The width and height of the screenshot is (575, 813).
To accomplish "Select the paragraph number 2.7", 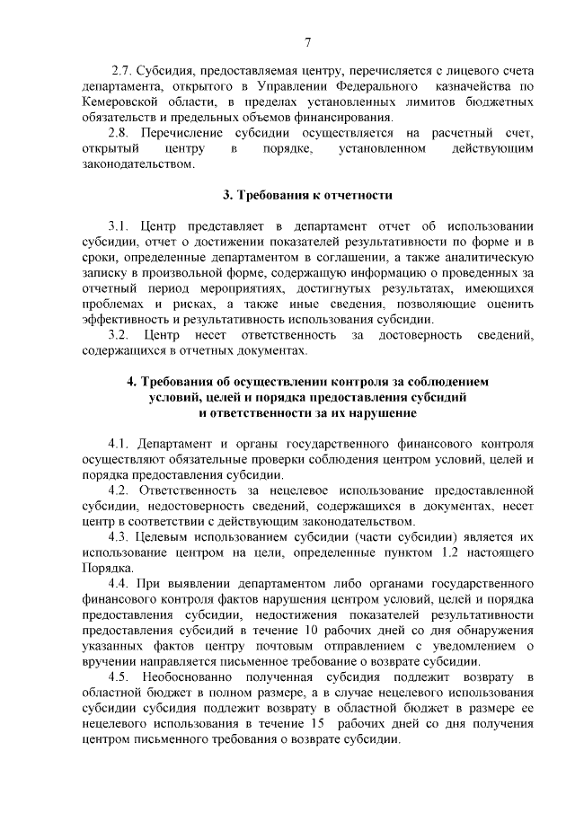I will tap(121, 70).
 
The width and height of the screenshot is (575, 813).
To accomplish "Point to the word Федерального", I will tap(376, 86).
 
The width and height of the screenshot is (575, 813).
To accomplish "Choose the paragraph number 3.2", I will tap(119, 336).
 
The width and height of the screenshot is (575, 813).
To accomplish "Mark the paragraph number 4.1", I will tap(119, 444).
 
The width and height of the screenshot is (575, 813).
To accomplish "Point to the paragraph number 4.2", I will tap(119, 491).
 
